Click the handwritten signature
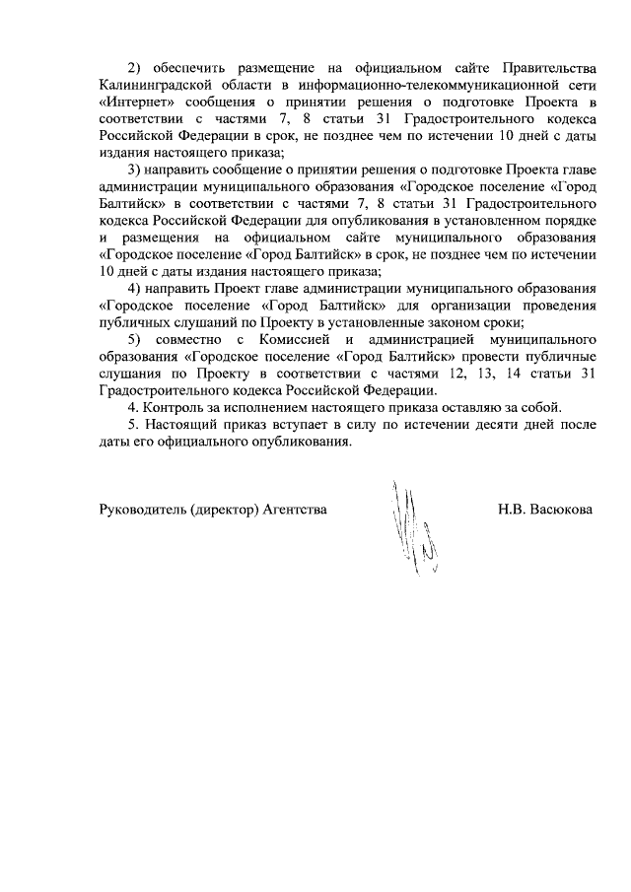[414, 532]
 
